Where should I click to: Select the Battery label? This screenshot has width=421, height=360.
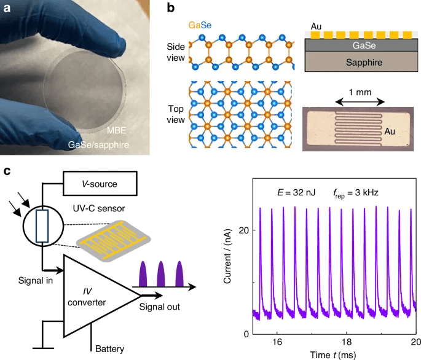click(x=109, y=349)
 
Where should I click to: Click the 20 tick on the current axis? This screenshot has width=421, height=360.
click(x=243, y=229)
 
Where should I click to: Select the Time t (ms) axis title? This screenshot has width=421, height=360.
click(x=334, y=354)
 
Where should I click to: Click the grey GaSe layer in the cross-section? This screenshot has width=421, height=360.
click(x=359, y=44)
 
